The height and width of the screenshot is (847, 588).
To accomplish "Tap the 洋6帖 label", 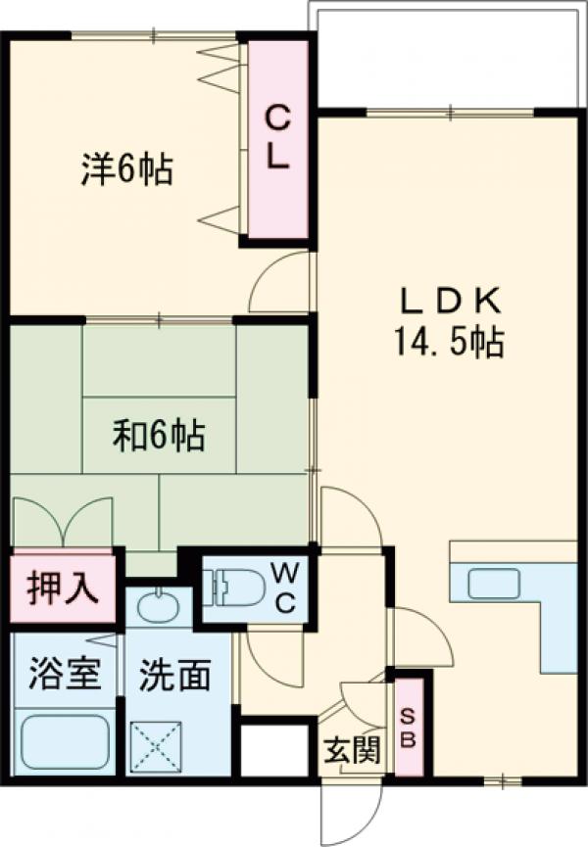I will pos(126,170).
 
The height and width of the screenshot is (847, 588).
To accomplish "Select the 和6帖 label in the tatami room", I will pos(158,435).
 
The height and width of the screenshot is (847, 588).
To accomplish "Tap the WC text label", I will pos(283,587).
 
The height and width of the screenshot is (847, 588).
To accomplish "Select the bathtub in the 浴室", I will pos(65,742).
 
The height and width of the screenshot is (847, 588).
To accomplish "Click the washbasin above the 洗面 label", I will pos(158,607).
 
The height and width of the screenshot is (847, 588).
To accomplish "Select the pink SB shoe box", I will pos(410,725).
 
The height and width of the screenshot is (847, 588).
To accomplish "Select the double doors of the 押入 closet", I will pos(62,523).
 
